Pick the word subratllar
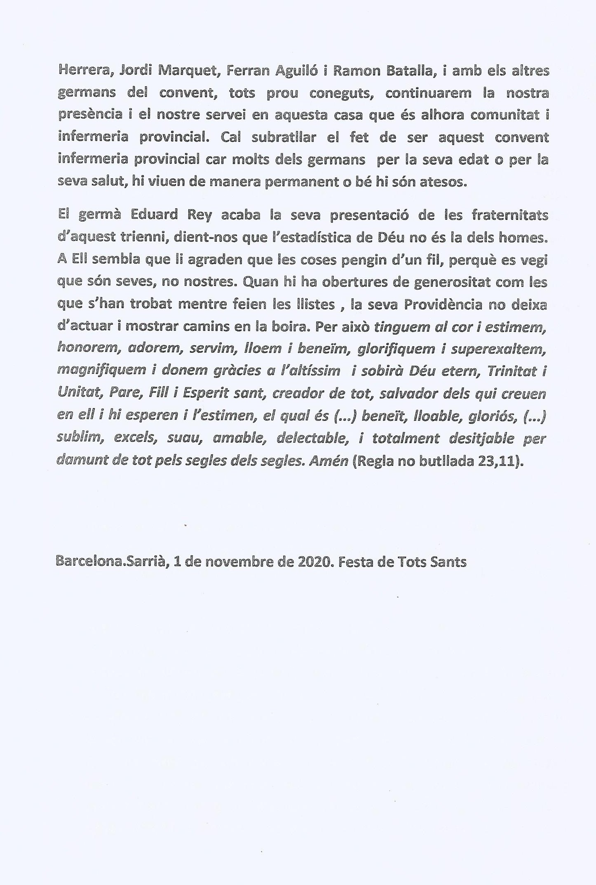tap(283, 137)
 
